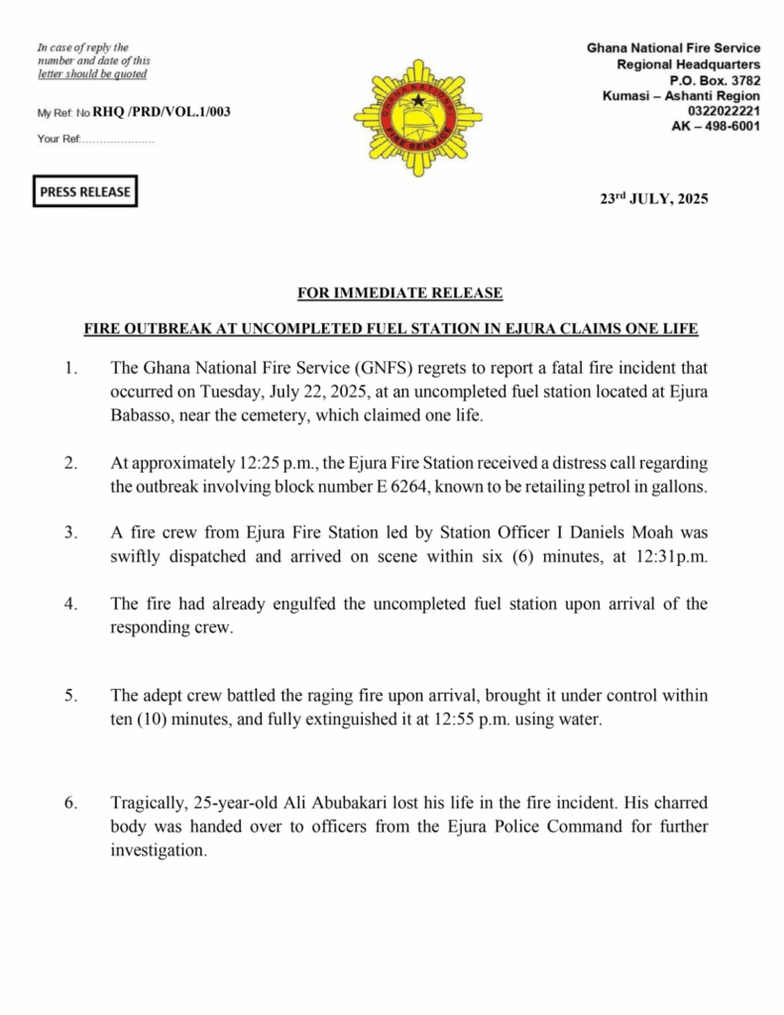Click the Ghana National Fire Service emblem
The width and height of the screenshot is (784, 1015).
(417, 117)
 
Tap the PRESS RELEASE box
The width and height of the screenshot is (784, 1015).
(85, 191)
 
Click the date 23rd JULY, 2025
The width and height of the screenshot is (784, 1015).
(654, 198)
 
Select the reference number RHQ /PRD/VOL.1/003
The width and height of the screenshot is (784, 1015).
(162, 112)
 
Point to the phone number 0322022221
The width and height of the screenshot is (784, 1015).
(724, 111)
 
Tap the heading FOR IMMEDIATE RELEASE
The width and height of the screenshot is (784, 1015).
(400, 292)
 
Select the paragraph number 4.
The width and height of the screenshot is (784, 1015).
(70, 604)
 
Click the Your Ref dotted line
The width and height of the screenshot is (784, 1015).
(118, 140)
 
